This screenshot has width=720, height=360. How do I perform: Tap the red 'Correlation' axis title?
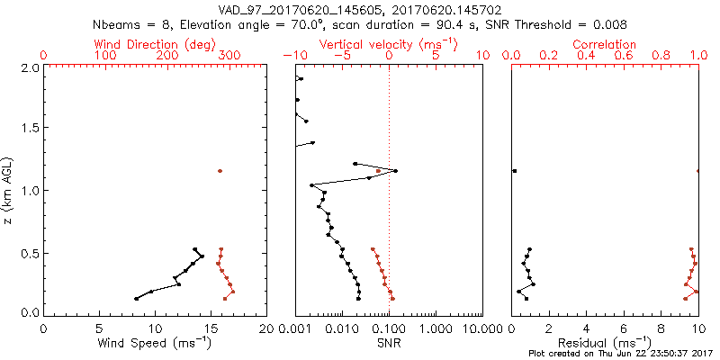605,44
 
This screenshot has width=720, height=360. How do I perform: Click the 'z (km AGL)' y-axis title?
10,189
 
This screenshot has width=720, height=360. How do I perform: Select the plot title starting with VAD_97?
359,8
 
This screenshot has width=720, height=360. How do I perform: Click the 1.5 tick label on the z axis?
29,128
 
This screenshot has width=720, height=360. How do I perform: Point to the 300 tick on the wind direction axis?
229,56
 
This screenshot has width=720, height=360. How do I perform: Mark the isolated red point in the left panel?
219,171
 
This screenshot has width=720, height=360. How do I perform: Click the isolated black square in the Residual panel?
515,171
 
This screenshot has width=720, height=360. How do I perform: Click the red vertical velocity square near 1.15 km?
379,171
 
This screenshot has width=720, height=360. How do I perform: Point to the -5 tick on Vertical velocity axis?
340,56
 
